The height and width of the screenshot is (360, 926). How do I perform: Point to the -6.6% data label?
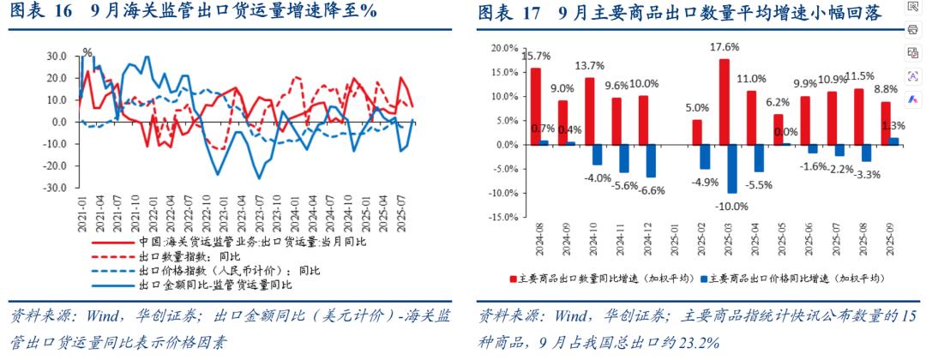point(651,189)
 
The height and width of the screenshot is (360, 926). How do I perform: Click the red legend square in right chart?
point(514,279)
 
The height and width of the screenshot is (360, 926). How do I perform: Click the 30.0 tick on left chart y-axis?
point(57,56)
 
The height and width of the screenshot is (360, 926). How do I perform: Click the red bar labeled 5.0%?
point(697,132)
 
